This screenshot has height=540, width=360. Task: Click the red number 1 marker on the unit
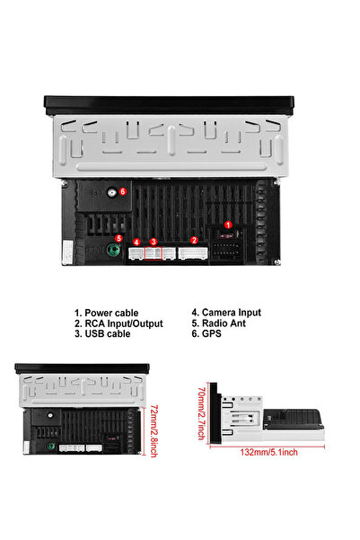(228, 225)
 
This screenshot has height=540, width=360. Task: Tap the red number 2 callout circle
(194, 241)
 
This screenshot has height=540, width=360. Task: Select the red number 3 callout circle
(154, 242)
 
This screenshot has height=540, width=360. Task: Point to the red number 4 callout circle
(136, 242)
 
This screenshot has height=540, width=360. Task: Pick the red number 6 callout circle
(123, 191)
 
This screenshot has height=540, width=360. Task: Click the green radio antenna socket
(114, 253)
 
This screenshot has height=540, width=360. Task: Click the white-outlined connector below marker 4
(136, 253)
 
